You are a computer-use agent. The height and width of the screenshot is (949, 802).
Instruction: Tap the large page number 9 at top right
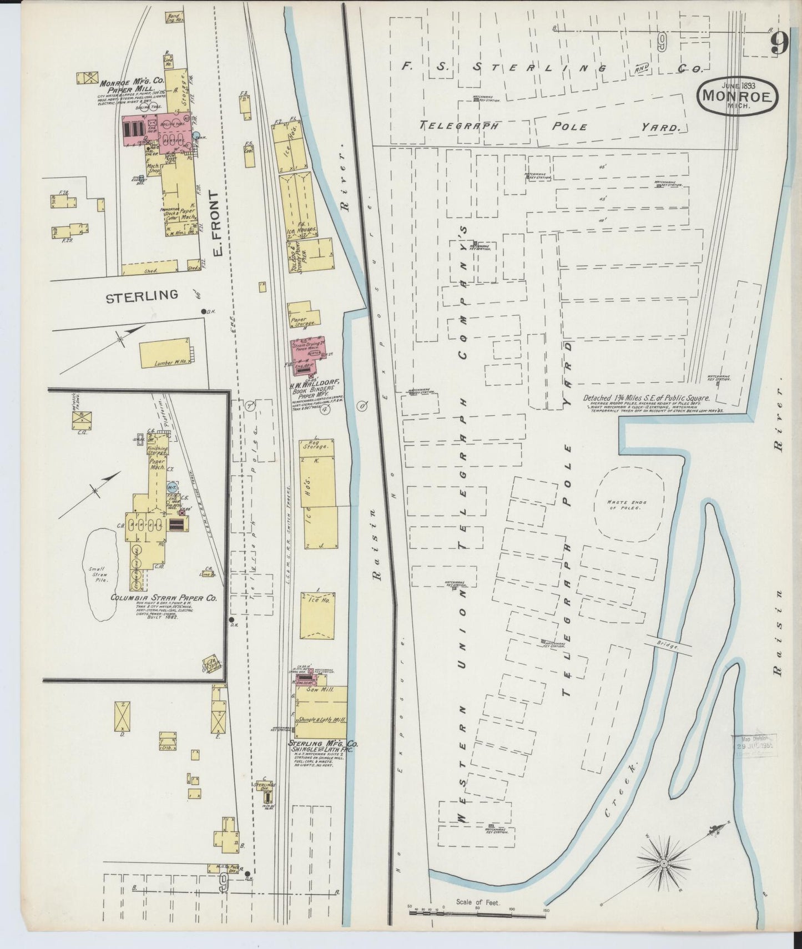[779, 44]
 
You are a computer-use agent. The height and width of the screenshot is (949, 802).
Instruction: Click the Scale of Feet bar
[477, 912]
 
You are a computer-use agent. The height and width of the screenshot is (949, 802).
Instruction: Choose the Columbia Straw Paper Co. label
[163, 598]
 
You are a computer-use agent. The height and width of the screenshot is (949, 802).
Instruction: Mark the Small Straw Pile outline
[100, 574]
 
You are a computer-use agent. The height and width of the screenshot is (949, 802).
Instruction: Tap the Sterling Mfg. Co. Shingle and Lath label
[322, 747]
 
